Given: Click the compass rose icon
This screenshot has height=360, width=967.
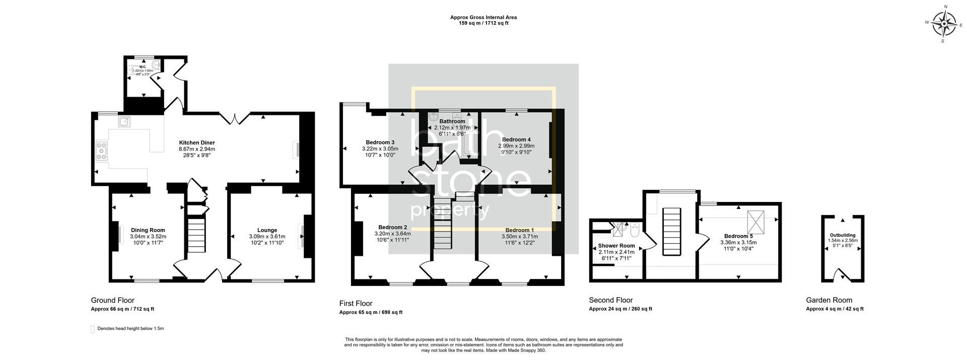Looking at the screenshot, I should point(944,24).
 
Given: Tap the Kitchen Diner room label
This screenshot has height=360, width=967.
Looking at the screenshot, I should point(197,142).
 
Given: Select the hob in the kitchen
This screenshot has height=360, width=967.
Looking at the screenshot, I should point(102,151).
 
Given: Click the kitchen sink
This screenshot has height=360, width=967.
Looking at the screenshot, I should point(124,121).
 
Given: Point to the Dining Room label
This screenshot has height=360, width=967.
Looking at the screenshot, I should point(148,230).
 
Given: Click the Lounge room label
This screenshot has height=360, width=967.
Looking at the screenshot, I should point(267,230).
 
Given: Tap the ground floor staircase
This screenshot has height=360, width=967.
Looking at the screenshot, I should point(196,234).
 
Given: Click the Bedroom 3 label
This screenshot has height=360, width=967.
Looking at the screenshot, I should point(380,142).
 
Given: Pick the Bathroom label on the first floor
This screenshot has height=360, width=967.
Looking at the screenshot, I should point(452,121).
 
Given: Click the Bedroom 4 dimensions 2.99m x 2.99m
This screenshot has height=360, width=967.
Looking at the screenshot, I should point(516,146).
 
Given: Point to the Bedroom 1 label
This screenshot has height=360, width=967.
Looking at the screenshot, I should point(519,230).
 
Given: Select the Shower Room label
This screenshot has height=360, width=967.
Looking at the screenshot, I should point(616,246).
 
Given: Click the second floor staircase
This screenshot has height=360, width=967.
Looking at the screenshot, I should point(671,232).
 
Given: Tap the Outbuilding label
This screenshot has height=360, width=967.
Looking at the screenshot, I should point(843,235).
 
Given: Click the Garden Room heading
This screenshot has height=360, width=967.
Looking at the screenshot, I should point(829,300).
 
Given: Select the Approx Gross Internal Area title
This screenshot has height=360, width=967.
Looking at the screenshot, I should point(483,18).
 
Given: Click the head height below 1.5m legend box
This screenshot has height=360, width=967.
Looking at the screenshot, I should point(93,329).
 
